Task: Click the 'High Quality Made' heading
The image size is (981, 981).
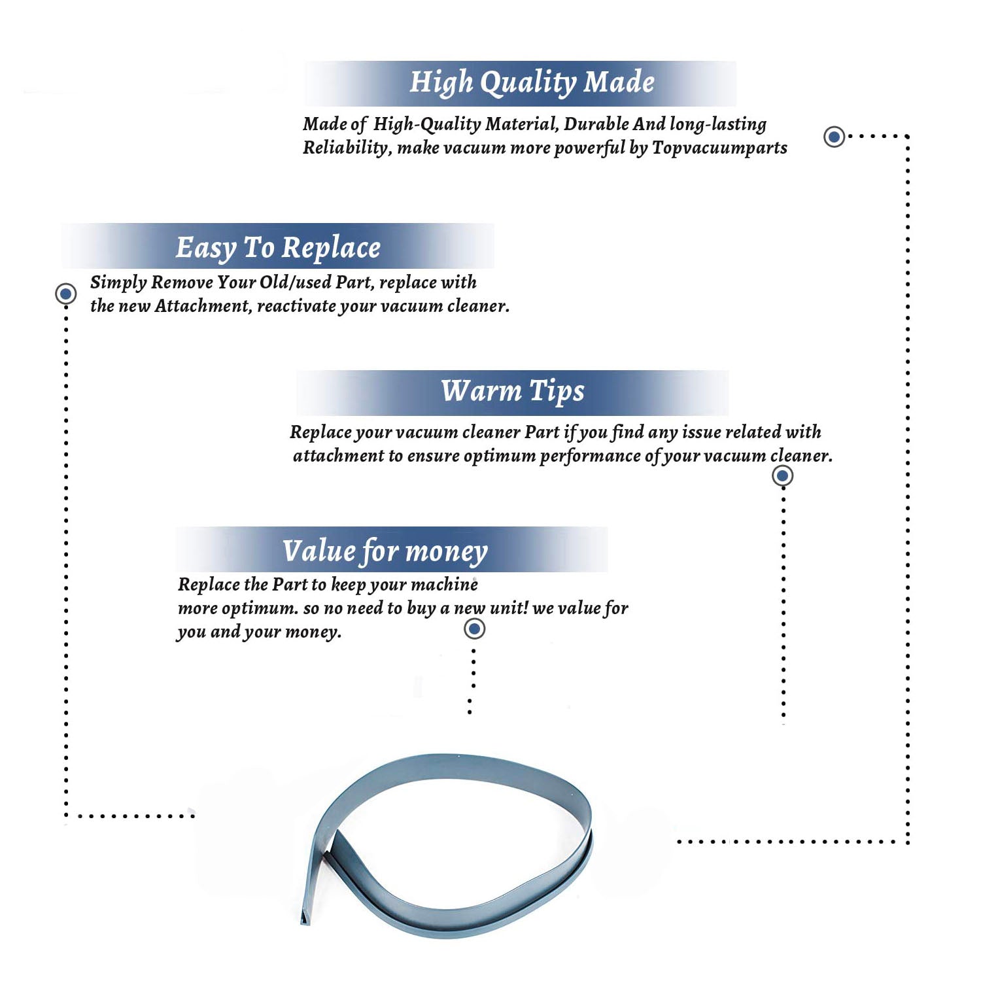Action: [532, 83]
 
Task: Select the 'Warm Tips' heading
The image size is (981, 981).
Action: [513, 391]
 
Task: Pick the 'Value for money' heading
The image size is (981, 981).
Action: [385, 551]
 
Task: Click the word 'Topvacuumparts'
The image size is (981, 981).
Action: [719, 148]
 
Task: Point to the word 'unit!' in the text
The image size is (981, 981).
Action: [508, 608]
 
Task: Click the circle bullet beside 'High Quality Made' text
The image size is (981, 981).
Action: [834, 137]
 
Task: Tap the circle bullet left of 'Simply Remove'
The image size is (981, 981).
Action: [65, 294]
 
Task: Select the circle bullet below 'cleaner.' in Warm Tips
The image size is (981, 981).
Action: [783, 475]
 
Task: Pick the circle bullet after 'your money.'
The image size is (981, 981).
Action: [474, 629]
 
